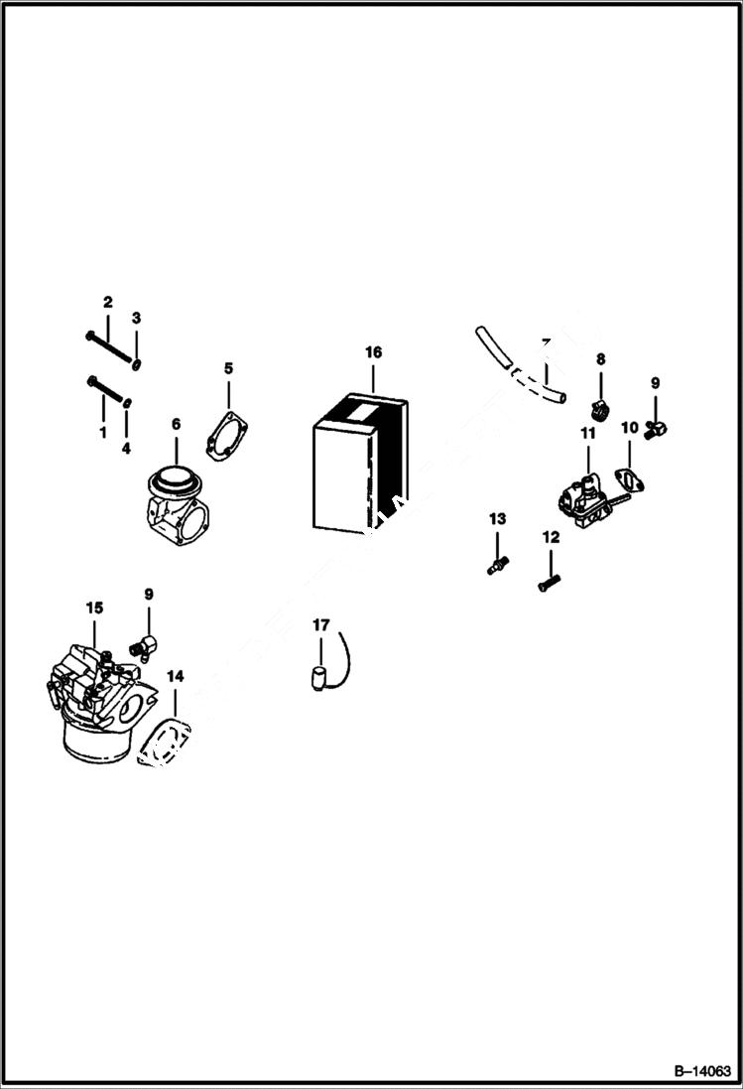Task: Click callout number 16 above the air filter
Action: click(x=373, y=352)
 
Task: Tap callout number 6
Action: click(x=176, y=424)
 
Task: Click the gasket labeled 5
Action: click(x=227, y=436)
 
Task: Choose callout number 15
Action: click(x=94, y=607)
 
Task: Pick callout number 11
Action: click(x=587, y=433)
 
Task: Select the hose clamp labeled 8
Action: click(x=599, y=407)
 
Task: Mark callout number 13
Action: click(x=497, y=518)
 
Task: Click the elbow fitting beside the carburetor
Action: click(x=145, y=646)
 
